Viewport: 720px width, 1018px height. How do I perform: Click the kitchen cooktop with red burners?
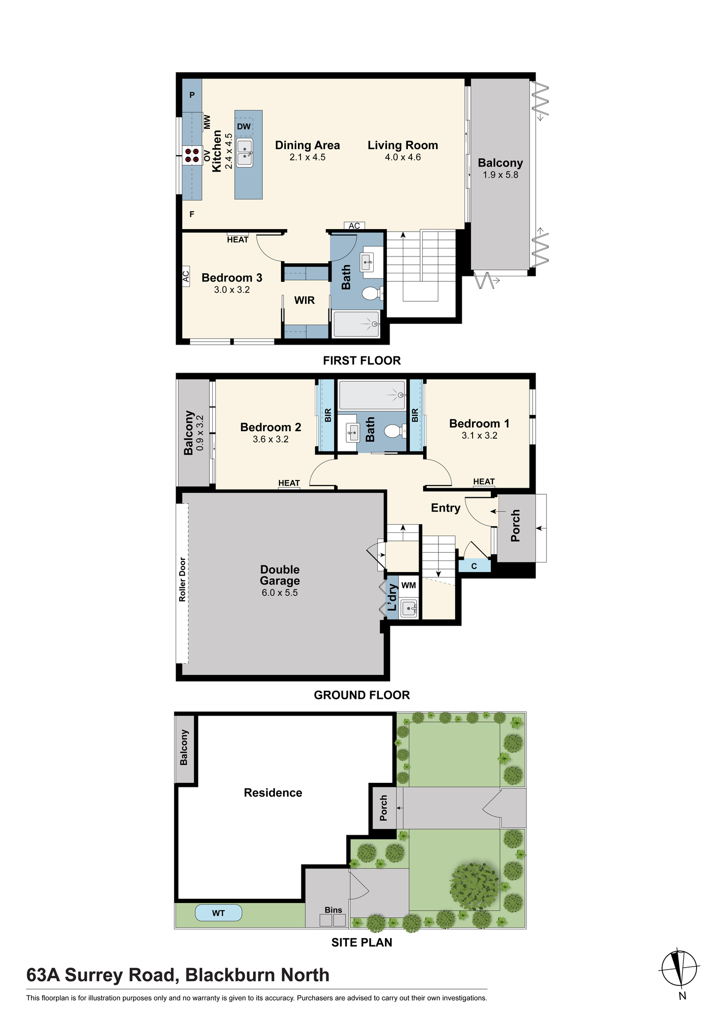tap(192, 155)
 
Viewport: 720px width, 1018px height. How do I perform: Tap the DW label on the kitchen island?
tap(244, 126)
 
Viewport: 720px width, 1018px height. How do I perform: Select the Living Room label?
tap(403, 145)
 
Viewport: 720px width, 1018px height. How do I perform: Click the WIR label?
tap(304, 300)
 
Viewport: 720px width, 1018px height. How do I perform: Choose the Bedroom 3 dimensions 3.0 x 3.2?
tap(232, 290)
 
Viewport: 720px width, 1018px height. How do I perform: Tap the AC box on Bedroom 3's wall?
tap(186, 276)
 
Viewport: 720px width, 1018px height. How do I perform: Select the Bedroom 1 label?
tap(479, 423)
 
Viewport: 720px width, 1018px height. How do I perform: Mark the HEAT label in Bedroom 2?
tap(289, 483)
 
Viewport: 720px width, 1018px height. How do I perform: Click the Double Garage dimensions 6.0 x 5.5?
tap(280, 592)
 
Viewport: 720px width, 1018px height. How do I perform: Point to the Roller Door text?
tap(182, 580)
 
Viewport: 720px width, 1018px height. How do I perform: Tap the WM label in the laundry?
tap(408, 585)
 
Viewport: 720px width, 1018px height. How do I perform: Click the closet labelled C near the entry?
tap(474, 566)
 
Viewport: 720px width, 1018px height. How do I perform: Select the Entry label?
tap(446, 508)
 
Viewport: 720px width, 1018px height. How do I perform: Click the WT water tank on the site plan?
tap(218, 913)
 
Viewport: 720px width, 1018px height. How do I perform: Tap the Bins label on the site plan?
tap(334, 910)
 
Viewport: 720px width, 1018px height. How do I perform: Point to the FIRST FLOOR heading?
tap(362, 360)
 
